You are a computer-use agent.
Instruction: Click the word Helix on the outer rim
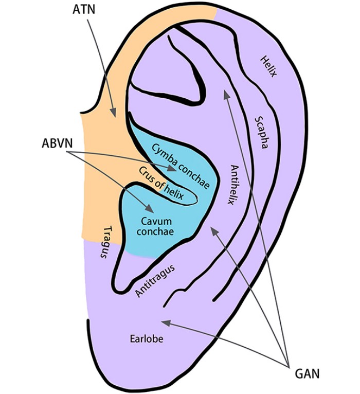pos(268,66)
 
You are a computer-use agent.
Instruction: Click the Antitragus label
pos(155,280)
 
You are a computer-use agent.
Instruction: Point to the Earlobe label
pos(147,339)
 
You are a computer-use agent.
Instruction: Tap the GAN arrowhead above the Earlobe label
pos(164,323)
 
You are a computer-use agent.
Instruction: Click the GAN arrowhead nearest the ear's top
pos(225,93)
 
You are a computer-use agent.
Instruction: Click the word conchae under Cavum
pos(157,232)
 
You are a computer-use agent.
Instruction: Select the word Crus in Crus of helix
pos(146,172)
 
